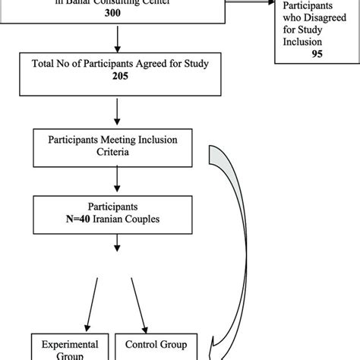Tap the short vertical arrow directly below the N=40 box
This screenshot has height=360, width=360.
(115, 244)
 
